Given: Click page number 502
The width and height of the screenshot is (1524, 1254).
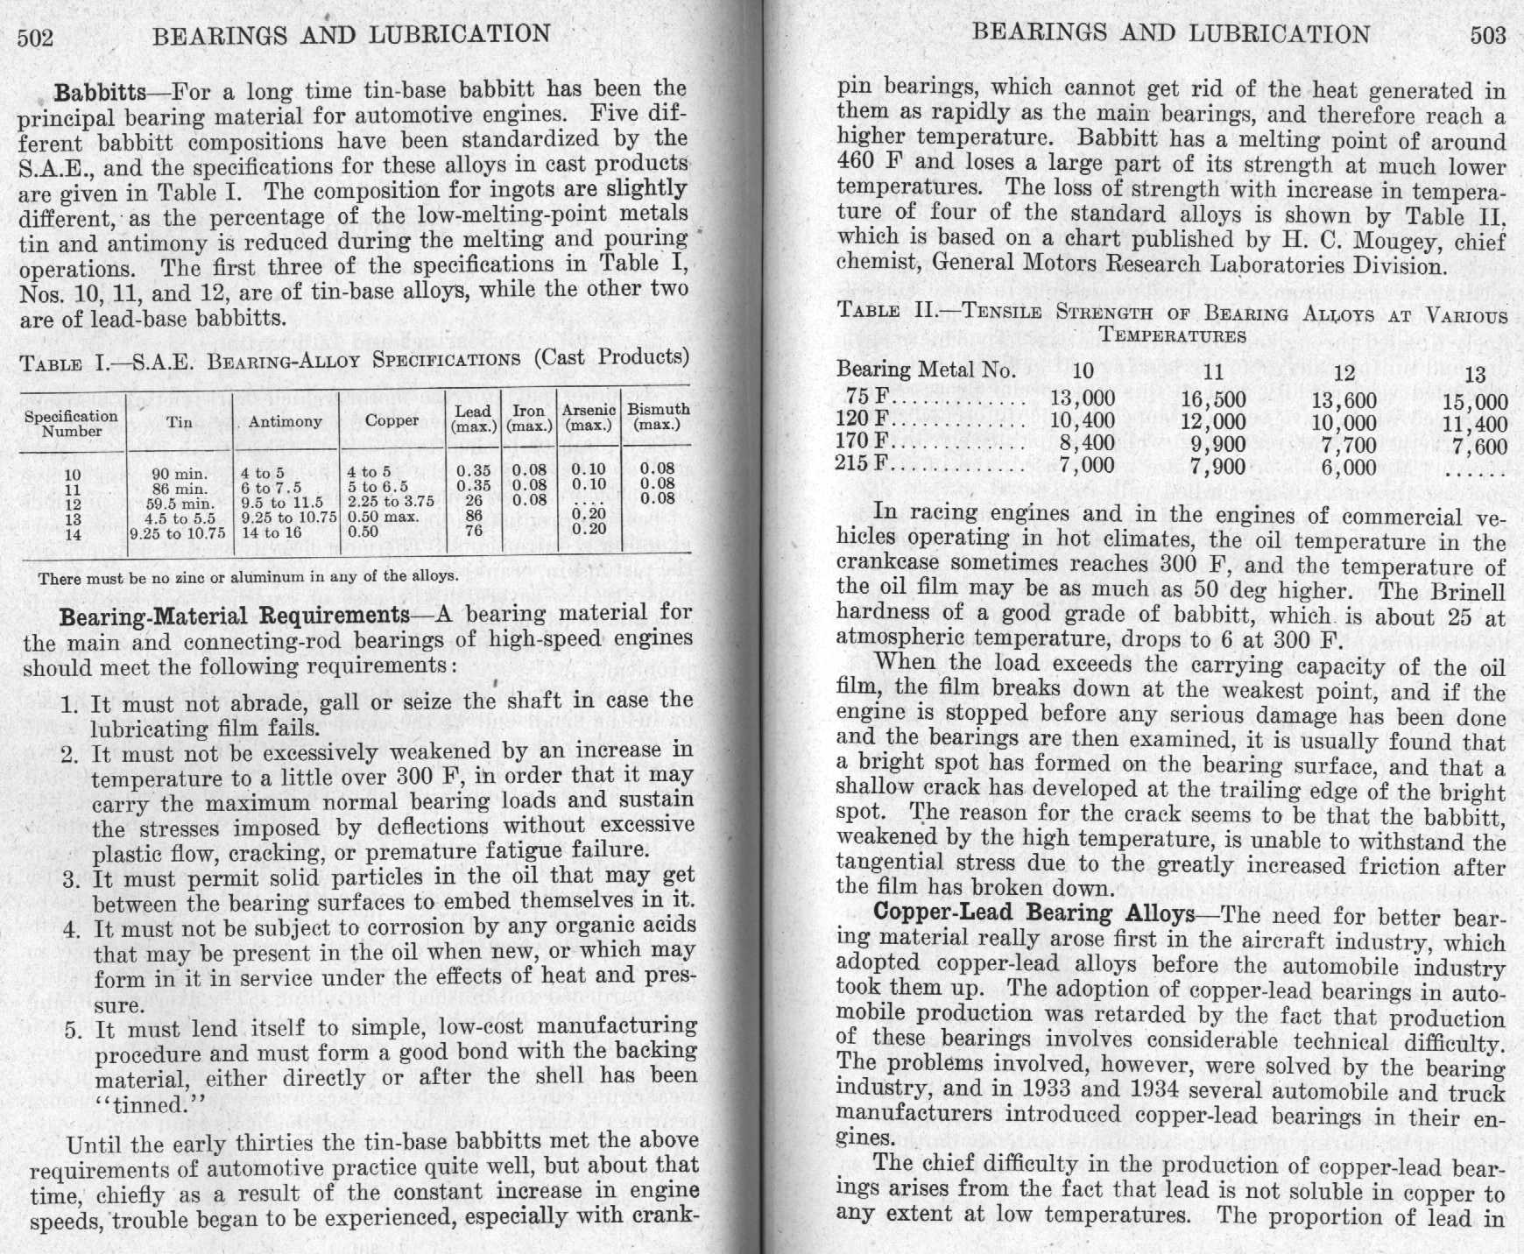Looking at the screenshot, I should click(x=36, y=37).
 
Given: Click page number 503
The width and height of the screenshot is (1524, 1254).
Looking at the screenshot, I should click(x=1488, y=35).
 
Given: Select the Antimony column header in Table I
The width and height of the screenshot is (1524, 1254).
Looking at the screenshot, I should click(x=285, y=422).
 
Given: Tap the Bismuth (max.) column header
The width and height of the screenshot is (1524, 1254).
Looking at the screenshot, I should click(x=658, y=417).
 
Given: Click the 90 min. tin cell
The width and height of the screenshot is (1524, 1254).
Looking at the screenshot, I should click(x=180, y=474).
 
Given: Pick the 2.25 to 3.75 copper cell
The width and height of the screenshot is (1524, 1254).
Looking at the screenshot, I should click(x=391, y=502).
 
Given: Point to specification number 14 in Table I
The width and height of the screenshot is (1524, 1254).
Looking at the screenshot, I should click(x=73, y=533).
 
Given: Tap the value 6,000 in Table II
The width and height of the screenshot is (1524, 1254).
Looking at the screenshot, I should click(x=1349, y=467).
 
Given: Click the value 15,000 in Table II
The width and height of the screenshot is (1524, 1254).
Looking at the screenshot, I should click(x=1476, y=403).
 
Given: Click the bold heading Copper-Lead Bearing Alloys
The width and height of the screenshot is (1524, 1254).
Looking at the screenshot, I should click(x=1034, y=913).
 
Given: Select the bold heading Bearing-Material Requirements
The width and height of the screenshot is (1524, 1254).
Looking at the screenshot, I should click(x=234, y=616).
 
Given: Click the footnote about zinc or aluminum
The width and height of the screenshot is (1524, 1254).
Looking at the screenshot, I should click(x=248, y=577).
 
